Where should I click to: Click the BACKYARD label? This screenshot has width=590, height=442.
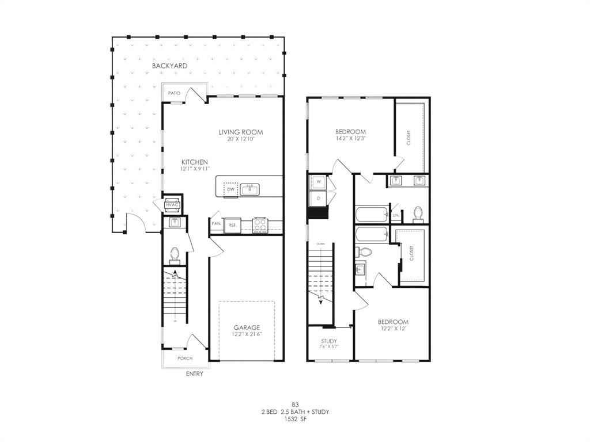point(169,66)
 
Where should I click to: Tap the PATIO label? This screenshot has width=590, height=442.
point(174,93)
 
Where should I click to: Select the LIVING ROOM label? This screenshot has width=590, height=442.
point(241,132)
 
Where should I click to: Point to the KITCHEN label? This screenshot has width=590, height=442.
point(195,162)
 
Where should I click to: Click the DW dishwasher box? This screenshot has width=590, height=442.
point(230,189)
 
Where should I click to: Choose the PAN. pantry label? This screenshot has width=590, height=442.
point(217,224)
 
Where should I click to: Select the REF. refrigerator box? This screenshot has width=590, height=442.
point(233,224)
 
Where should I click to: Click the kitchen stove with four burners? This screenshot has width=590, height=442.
point(260,224)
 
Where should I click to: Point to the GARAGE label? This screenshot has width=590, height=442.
point(246,327)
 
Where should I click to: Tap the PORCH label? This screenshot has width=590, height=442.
point(185,359)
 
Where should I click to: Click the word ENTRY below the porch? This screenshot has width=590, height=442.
point(194,374)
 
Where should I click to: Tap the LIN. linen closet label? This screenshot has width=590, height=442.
point(396,216)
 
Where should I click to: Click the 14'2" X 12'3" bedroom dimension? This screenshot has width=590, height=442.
point(351,139)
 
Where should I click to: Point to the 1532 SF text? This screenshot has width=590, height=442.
point(294,420)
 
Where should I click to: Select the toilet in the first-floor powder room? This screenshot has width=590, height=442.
point(174,253)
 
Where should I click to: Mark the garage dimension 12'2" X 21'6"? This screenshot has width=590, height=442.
point(246,334)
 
